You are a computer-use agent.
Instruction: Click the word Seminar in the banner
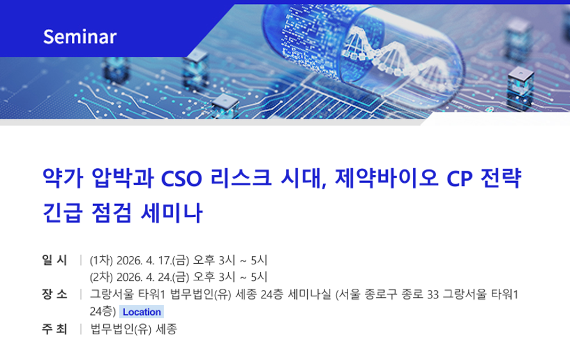pos(80,37)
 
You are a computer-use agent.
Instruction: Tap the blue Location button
pos(142,312)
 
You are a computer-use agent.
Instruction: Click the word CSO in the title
pos(181,178)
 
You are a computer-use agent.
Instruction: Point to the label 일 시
pos(54,261)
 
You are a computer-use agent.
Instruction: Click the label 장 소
pos(54,294)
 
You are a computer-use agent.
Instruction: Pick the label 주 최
pos(54,329)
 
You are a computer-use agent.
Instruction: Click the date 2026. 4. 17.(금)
pos(153,261)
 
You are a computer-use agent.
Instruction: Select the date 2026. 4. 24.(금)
pos(153,277)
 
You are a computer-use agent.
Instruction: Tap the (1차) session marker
pos(101,261)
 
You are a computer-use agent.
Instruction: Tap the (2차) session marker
pos(101,277)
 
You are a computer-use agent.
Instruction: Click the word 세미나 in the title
pos(171,213)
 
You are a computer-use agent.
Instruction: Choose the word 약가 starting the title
pos(63,178)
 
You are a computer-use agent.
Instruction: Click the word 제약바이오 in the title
pos(386,178)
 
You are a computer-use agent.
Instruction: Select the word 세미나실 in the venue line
pos(309,294)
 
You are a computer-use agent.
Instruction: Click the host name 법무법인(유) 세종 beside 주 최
pos(133,329)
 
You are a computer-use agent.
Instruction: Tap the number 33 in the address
pos(433,295)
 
